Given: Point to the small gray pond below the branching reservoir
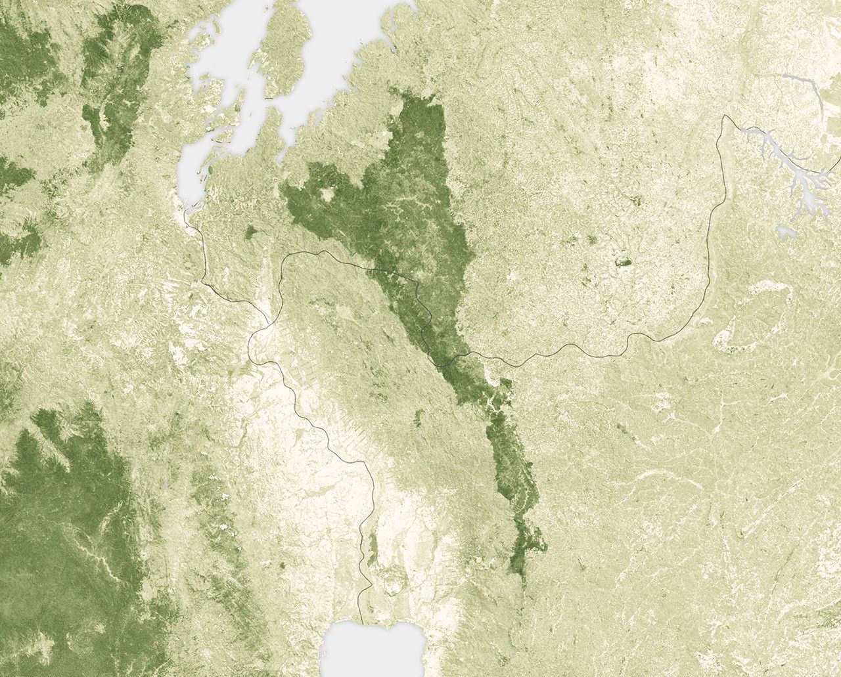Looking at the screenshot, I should tap(782, 232).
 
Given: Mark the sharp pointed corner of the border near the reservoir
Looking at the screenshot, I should tap(725, 116).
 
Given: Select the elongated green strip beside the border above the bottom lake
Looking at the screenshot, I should tap(373, 548).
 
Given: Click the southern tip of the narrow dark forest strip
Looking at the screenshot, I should tap(522, 578).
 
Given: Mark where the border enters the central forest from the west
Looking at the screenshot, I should tap(371, 268).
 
